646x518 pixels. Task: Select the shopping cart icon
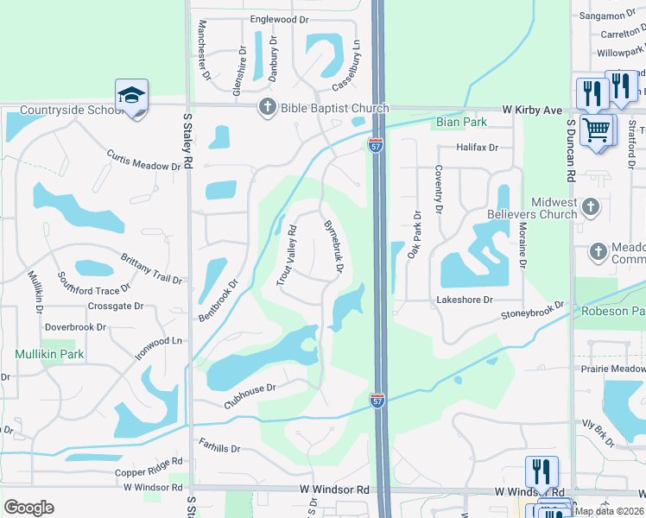[x=597, y=130]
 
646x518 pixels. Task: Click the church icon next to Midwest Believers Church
[x=591, y=207]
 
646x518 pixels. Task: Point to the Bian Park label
[x=462, y=123]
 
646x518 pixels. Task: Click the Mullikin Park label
[x=48, y=354]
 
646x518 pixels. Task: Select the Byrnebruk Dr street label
[x=333, y=246]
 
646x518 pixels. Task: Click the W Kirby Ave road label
[x=533, y=111]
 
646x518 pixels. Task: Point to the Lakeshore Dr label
[x=465, y=300]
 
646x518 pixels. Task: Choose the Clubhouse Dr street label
[x=250, y=397]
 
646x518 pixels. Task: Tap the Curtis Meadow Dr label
[x=143, y=160]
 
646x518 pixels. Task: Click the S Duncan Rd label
[x=571, y=150]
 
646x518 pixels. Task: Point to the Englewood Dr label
[x=279, y=19]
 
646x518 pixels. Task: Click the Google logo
[x=28, y=507]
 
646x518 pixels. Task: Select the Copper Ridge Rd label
[x=149, y=471]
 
